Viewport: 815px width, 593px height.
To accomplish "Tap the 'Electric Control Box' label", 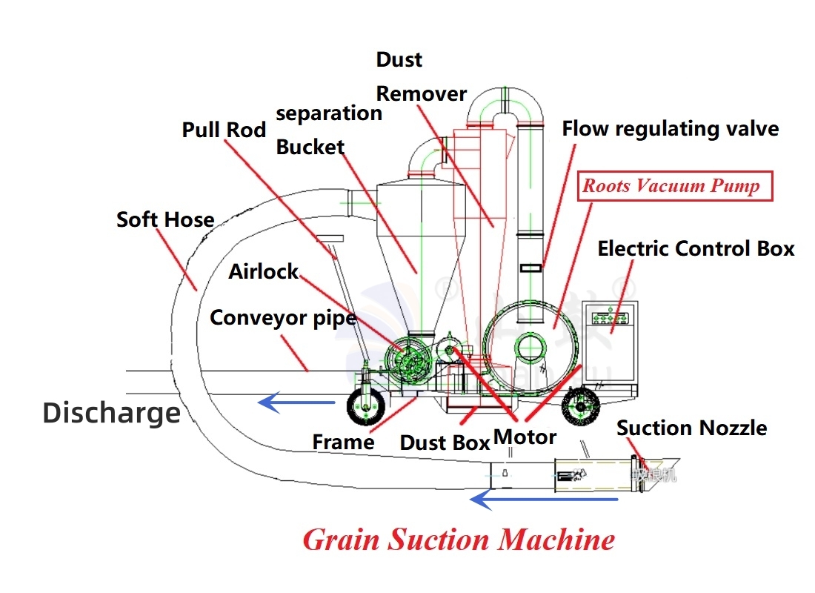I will click(x=696, y=248).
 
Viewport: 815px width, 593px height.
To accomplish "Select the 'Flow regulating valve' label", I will click(x=670, y=129).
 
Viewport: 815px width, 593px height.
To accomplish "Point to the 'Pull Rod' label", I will click(x=224, y=130).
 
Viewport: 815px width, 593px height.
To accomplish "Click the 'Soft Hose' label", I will click(x=165, y=220).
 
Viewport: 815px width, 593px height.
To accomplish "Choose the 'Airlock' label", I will click(x=263, y=271).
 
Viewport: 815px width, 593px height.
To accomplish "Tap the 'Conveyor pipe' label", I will click(x=283, y=318).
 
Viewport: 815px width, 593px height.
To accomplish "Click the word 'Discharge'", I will click(x=112, y=412).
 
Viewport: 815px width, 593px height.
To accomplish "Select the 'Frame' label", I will click(x=343, y=443).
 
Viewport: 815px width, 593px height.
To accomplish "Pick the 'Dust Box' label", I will click(x=445, y=443).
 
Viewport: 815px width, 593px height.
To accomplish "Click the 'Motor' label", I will click(x=525, y=437).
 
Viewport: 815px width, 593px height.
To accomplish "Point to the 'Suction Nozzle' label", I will click(x=691, y=428).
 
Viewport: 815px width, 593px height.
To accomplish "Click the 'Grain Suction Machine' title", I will click(x=459, y=539).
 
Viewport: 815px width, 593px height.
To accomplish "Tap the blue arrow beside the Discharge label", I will click(x=296, y=402).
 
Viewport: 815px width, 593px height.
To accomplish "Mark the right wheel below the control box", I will click(x=580, y=406).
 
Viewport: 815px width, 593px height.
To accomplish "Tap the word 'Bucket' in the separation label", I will click(x=310, y=148).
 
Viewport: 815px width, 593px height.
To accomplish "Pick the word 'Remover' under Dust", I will click(x=422, y=94).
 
